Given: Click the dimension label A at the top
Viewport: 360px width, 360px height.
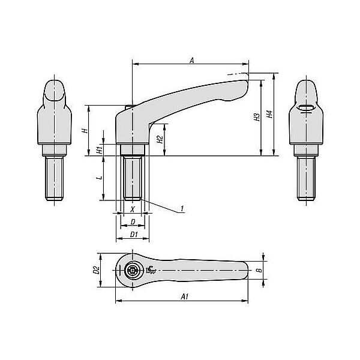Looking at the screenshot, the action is pos(192,61).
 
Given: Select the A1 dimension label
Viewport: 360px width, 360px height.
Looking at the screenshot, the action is pos(185,296).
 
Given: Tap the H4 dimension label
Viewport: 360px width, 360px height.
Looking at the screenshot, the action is pos(269,114).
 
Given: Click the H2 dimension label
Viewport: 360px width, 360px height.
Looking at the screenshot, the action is pos(160,139).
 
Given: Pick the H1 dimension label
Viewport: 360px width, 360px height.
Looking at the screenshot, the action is pos(99,150).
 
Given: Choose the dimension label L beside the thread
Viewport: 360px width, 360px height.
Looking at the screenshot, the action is pos(100,178).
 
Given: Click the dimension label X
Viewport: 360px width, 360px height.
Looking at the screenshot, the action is pos(133,209).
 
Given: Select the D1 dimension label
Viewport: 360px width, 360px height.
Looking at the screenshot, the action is pos(134,235).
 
